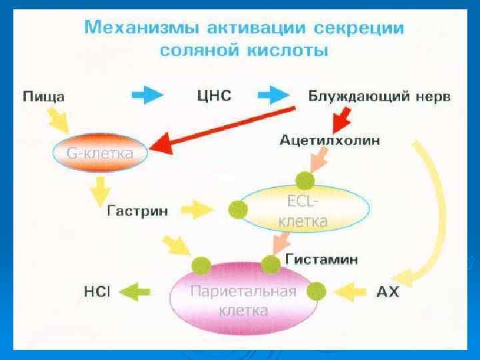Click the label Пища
[x=44, y=96]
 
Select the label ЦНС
[x=214, y=96]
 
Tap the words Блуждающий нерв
[x=379, y=96]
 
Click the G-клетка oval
[x=99, y=153]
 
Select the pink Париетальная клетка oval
[x=243, y=301]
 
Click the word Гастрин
[x=138, y=211]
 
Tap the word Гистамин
[x=321, y=258]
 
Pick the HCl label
[x=97, y=292]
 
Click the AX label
[x=388, y=292]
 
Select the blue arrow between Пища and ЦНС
[x=147, y=95]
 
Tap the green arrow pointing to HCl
[x=137, y=291]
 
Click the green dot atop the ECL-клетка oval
[x=305, y=180]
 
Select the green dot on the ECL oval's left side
[x=238, y=211]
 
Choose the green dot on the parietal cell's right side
[x=317, y=290]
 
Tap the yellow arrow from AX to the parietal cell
[x=353, y=291]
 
